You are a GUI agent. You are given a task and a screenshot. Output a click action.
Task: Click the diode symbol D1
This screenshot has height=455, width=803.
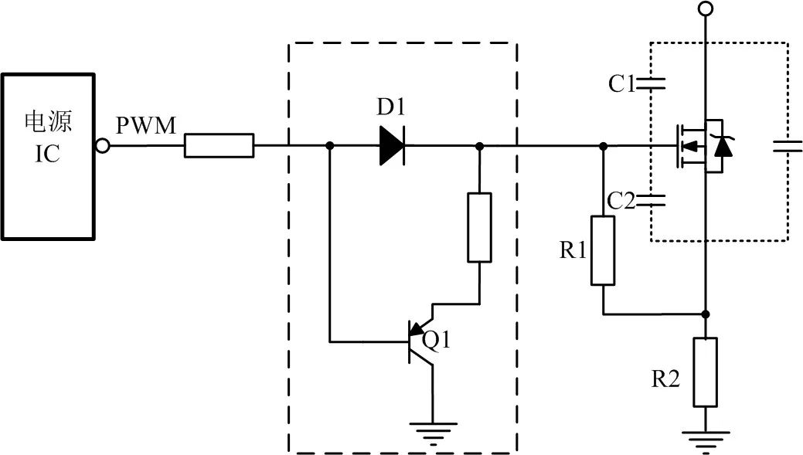[x=392, y=145]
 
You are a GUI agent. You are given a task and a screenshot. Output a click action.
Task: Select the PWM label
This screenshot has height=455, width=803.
[x=146, y=125]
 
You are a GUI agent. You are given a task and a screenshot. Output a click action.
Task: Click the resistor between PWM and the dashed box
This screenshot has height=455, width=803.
[x=219, y=145]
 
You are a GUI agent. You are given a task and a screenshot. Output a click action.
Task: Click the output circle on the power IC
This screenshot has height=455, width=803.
[x=101, y=145]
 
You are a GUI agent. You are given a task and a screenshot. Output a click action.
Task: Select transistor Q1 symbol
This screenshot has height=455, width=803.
[x=421, y=340]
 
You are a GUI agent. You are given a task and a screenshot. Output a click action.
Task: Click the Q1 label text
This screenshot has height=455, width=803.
[x=437, y=339]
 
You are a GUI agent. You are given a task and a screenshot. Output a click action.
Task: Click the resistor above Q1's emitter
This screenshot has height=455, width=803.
[x=479, y=228]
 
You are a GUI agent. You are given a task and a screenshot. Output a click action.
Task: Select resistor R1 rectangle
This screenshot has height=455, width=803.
[x=603, y=251]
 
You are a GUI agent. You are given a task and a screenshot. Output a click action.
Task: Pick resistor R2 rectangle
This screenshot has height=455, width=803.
[x=705, y=372]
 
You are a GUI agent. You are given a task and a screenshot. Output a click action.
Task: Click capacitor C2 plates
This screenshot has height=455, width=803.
[x=652, y=201]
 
